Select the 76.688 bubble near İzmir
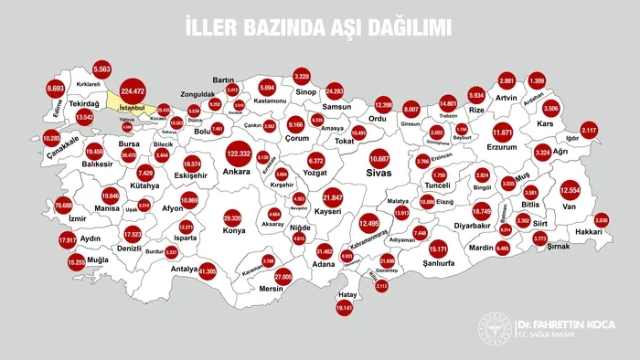[x=63, y=206]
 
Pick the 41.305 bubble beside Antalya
[x=207, y=271]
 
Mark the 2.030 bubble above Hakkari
[x=601, y=221]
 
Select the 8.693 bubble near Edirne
[x=55, y=90]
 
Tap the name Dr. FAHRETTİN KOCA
[x=566, y=324]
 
